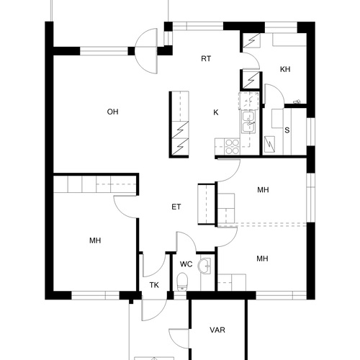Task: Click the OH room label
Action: pos(112,112)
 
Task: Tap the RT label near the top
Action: pos(206,59)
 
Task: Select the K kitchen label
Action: pos(216,112)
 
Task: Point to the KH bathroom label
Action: pos(285,69)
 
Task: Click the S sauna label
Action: pos(287,130)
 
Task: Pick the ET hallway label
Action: pos(176,207)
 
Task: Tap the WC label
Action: pos(186,264)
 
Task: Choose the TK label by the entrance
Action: pos(154,285)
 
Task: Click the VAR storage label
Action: pos(217,330)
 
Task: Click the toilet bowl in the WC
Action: pos(182,282)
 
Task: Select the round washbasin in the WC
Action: pos(204,266)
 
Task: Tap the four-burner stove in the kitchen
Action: pos(232,146)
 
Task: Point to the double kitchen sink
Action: pos(249,122)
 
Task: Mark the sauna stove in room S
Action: pos(269,144)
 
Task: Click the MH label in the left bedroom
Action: pos(95,240)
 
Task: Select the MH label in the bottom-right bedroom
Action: pos(262,258)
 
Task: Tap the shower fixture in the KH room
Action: pos(297,102)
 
